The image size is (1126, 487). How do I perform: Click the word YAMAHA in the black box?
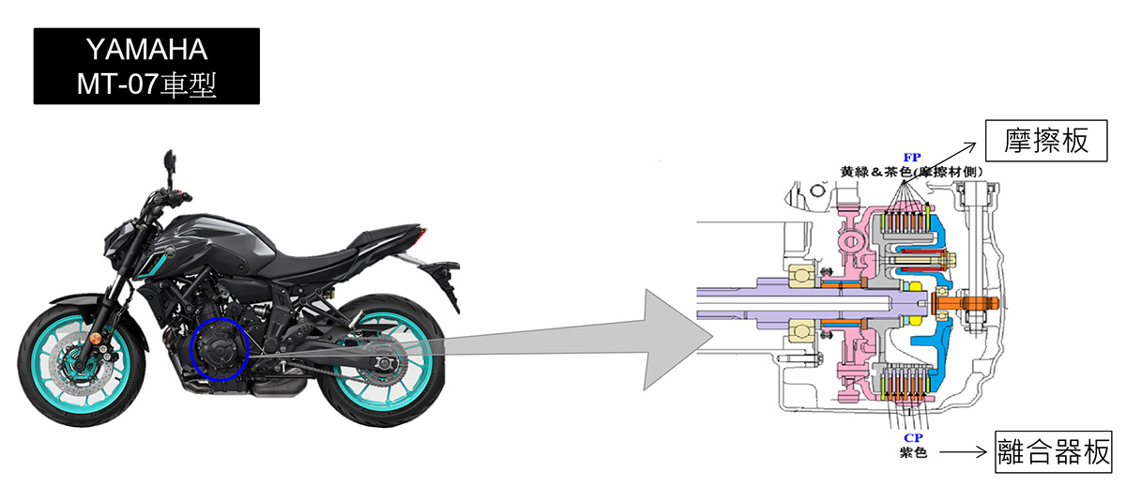tap(146, 49)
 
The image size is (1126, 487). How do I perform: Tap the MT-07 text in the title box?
tap(117, 84)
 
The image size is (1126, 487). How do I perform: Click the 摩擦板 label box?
tap(1046, 141)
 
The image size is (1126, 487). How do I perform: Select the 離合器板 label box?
tap(1053, 452)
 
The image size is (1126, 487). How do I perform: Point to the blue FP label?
tap(912, 158)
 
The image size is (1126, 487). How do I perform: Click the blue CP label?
tap(913, 438)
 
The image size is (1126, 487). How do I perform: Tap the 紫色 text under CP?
tap(913, 452)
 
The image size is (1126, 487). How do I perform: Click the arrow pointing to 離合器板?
tap(963, 452)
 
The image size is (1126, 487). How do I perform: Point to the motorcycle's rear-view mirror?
tap(170, 161)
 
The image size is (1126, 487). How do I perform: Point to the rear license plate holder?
tap(445, 279)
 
